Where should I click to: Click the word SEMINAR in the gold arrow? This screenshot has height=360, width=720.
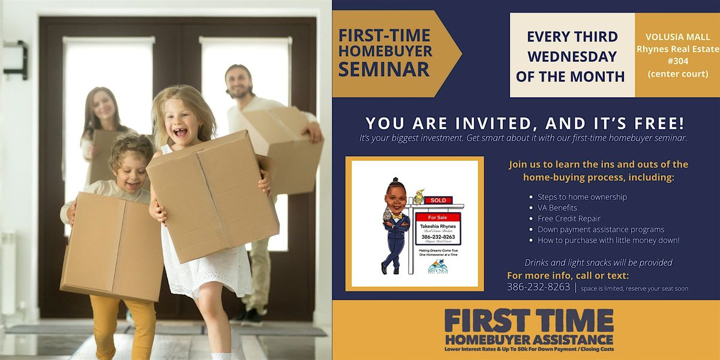pyautogui.click(x=384, y=68)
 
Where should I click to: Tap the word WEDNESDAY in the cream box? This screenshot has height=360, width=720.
pyautogui.click(x=572, y=56)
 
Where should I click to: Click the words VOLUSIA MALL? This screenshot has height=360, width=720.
pyautogui.click(x=677, y=35)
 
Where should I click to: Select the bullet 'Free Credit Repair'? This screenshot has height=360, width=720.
pyautogui.click(x=569, y=218)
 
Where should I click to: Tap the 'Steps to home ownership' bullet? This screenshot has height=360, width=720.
pyautogui.click(x=582, y=197)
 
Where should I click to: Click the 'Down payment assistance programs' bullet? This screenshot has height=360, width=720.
pyautogui.click(x=601, y=229)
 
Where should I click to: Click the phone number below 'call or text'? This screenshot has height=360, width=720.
pyautogui.click(x=538, y=287)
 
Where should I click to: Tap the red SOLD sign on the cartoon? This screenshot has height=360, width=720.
pyautogui.click(x=439, y=200)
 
